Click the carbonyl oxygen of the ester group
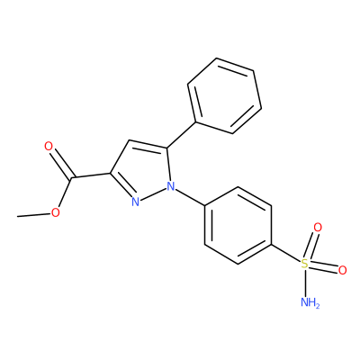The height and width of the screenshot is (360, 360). pos(49,147)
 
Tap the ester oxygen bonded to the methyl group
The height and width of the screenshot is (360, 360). pos(55,212)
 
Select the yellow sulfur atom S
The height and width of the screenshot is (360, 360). pos(304,264)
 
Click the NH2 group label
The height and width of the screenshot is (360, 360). pos(310,302)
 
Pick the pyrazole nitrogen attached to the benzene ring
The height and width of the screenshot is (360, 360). pos(171,186)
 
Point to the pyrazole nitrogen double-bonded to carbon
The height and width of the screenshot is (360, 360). pos(136,202)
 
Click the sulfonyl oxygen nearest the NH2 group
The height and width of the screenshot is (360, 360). pos(342,270)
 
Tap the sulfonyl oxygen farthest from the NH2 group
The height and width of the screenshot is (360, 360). pos(318,228)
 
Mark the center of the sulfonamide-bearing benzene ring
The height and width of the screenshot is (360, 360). pos(238,226)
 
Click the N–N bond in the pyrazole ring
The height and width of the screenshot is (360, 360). pos(153,193)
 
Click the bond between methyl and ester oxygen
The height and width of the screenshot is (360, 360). pos(34,214)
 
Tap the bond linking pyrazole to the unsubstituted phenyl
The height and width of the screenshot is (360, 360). pos(182,135)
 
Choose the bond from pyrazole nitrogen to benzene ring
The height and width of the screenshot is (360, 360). pos(190,196)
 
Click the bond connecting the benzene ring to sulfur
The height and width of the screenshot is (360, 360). pos(286,254)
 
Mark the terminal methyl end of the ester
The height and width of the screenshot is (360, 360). pos(18,216)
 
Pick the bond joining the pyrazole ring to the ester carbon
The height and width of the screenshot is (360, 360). pos(91,176)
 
